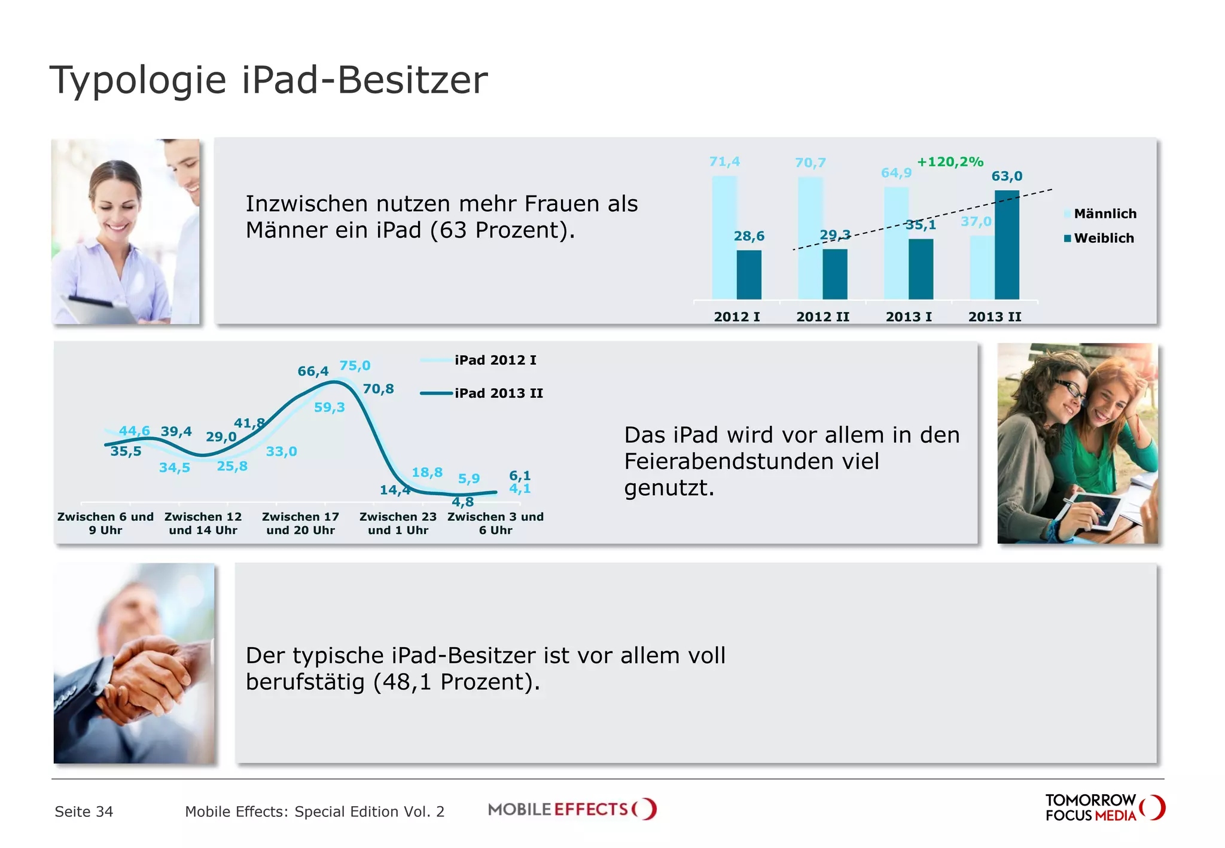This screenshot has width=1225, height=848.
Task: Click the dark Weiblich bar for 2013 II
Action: tap(1007, 245)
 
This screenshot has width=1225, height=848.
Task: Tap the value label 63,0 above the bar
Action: tap(1007, 176)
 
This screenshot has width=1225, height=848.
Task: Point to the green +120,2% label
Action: tap(950, 162)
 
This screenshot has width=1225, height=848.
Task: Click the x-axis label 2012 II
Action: tap(822, 317)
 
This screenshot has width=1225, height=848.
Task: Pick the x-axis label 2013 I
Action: tap(909, 317)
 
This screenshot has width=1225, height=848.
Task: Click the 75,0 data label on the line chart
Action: tap(355, 366)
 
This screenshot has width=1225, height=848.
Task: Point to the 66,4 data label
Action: tap(313, 371)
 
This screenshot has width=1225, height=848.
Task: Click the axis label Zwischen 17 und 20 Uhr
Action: tap(300, 523)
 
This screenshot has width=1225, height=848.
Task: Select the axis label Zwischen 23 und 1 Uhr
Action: tap(398, 523)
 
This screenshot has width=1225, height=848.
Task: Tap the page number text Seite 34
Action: tap(84, 812)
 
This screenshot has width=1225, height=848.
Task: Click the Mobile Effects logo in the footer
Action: tap(572, 810)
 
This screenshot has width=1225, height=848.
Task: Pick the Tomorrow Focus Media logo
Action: tap(1104, 808)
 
